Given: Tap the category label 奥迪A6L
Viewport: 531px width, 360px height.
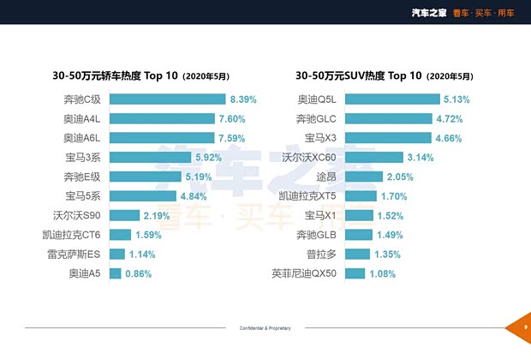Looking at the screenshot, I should click(81, 138).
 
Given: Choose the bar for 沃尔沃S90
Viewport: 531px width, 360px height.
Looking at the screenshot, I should click(123, 215).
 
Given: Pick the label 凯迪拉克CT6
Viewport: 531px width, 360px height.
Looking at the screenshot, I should click(71, 235).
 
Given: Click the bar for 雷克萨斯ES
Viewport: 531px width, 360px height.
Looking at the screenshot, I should click(116, 255).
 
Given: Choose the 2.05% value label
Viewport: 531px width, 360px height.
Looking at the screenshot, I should click(399, 177).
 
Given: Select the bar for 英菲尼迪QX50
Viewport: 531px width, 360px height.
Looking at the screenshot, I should click(355, 274).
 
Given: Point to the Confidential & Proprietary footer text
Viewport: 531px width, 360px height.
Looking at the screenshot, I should click(265, 328).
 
